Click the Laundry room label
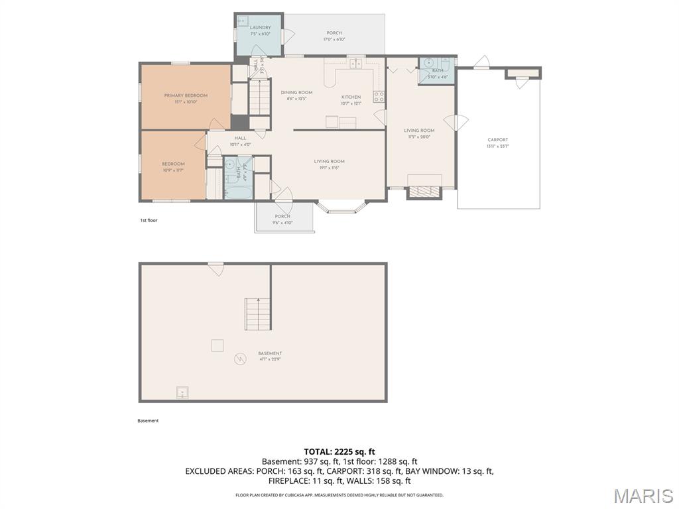point(260,28)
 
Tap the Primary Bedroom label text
point(186,95)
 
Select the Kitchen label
point(351,97)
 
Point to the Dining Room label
point(296,93)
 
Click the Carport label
point(498,140)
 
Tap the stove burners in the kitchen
point(379,98)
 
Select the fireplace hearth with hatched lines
point(424,192)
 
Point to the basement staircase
point(258,313)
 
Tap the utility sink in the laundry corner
point(243,21)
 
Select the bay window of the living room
point(341,208)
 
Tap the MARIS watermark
point(643,495)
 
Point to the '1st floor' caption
point(149,220)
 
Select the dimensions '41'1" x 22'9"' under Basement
point(270,360)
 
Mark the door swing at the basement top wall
point(216,269)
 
